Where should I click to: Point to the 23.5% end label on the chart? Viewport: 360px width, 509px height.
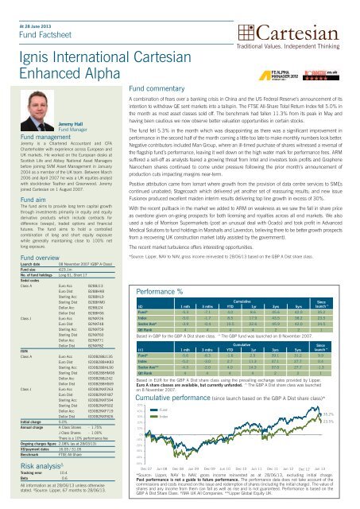coord(350,422)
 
